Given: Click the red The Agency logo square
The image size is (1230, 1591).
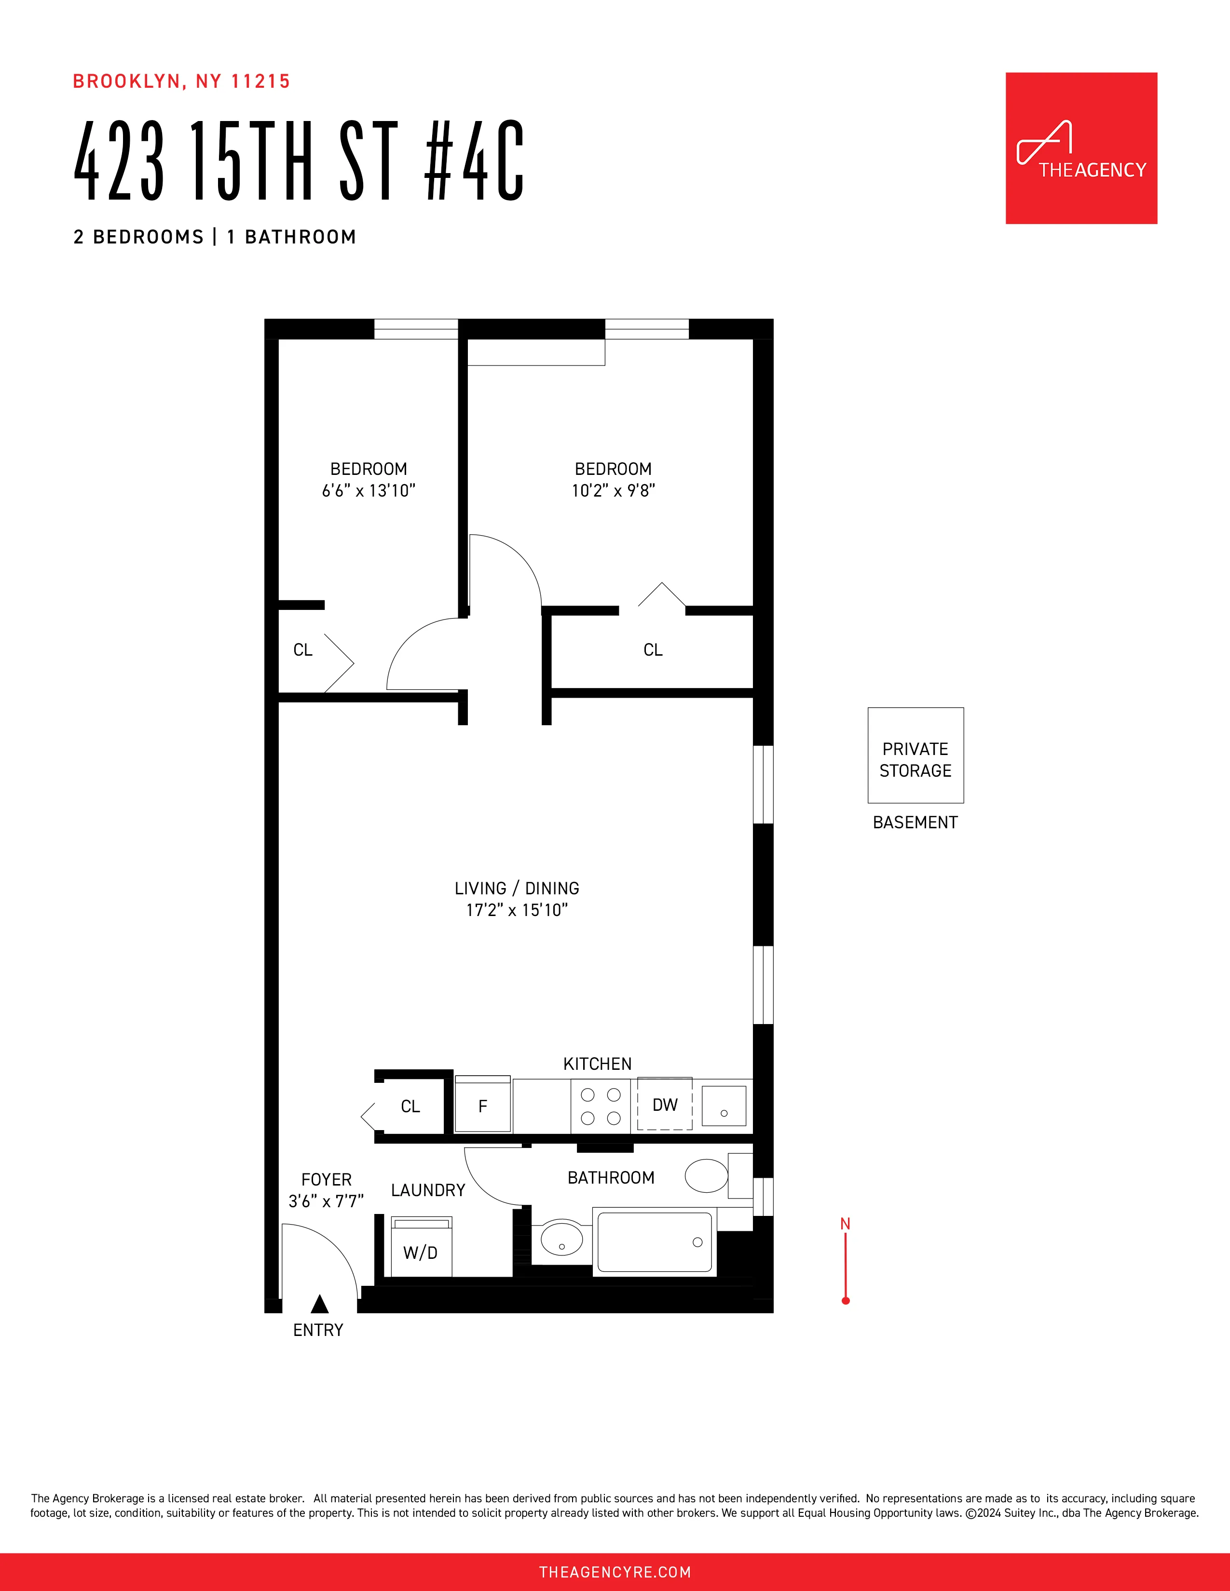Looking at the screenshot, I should coord(1080,148).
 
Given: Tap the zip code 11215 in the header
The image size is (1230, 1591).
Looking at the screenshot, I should coord(261,81).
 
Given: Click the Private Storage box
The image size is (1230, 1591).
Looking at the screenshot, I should coord(915,755).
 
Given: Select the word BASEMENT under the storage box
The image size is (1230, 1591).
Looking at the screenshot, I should coord(915,822).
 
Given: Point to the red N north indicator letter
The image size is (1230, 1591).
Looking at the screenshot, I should coord(845,1224).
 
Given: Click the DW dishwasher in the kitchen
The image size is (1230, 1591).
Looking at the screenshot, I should coord(665,1105).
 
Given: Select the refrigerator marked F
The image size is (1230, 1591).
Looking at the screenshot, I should coord(482,1106).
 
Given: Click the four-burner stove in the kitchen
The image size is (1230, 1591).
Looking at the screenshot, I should coord(601,1106).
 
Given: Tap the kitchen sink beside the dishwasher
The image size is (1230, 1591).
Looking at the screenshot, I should coord(724,1106).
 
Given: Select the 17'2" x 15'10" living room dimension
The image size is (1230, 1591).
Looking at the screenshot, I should coord(517,910).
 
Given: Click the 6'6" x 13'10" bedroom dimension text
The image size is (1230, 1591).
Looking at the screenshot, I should coord(369,491).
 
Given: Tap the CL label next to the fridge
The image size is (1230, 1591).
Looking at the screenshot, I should coord(410,1106).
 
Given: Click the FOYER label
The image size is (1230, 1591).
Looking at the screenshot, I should coord(327,1179).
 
